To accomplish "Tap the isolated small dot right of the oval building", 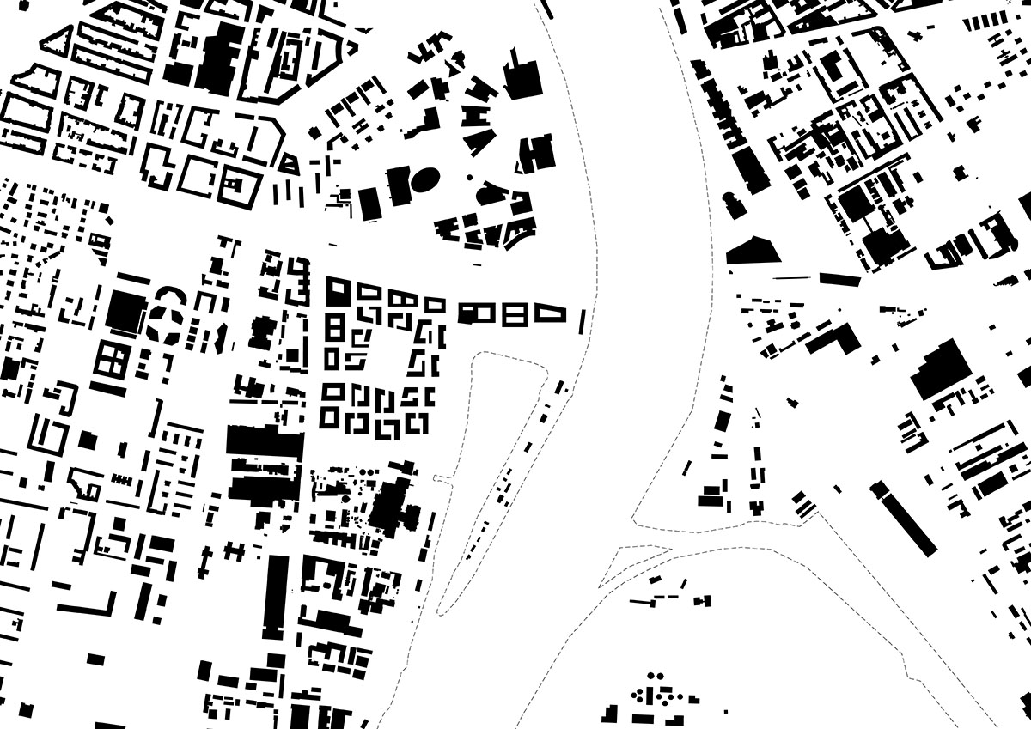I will coord(470,177).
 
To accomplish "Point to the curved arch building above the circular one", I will coord(168,291).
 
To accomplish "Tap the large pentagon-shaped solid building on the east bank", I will coord(753,250).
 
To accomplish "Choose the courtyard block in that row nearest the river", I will coord(550,313).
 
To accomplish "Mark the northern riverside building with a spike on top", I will coord(523,78).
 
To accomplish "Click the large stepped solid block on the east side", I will coord(941,368).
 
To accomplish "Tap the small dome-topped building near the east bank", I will coord(732,206).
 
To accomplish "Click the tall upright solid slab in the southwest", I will coord(277,597).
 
